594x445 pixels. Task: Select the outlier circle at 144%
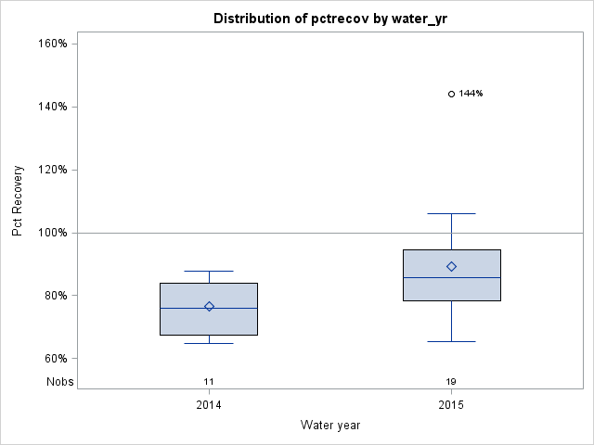(451, 94)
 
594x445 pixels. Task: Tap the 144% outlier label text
(471, 94)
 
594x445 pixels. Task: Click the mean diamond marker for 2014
(209, 306)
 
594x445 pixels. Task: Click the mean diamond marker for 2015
(451, 266)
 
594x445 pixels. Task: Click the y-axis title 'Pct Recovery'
(18, 201)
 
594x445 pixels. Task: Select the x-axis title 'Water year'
(330, 426)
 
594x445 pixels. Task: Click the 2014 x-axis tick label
(209, 405)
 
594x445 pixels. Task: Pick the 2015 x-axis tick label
(451, 405)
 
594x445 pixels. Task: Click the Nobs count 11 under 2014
(209, 381)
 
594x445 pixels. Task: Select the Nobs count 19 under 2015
(451, 381)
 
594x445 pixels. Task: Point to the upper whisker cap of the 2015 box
(451, 213)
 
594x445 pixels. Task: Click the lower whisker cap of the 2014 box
(209, 343)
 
